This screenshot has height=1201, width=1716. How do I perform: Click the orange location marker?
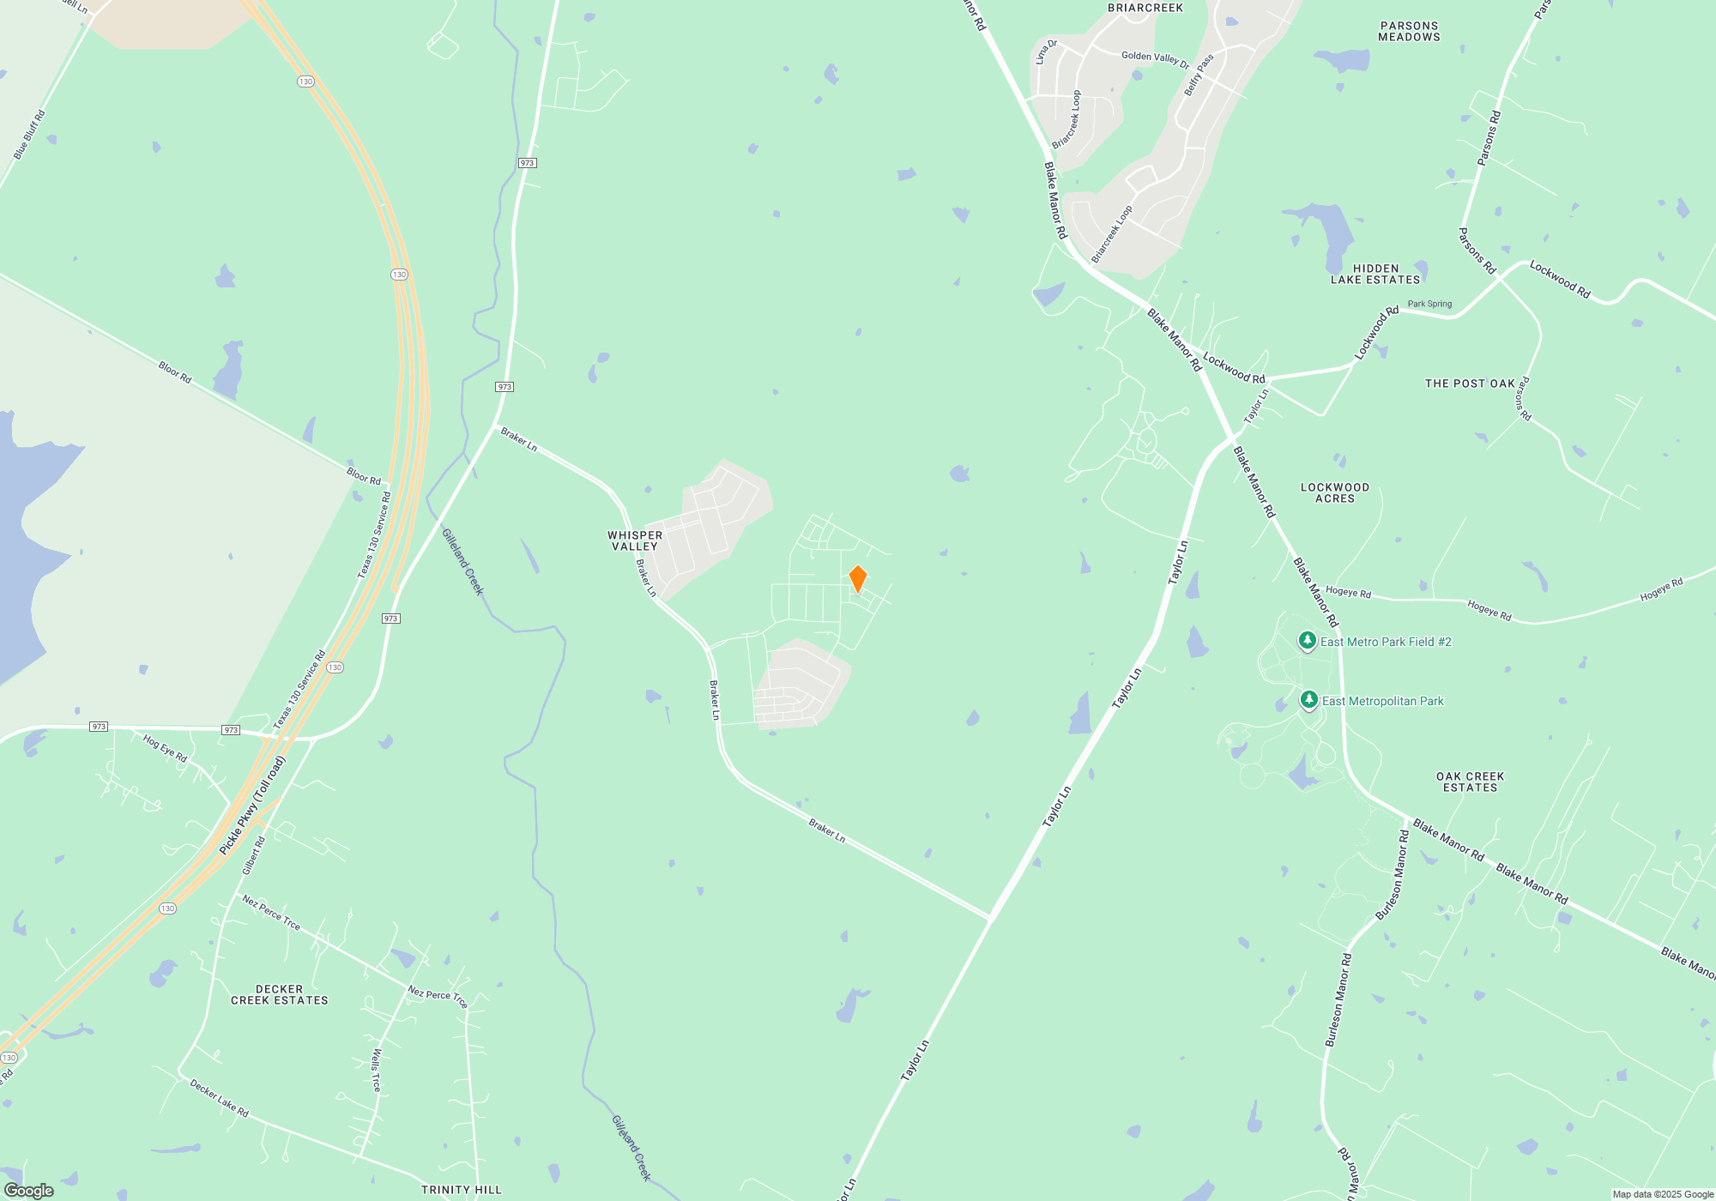(857, 579)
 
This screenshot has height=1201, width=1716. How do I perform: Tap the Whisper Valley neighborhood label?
(635, 540)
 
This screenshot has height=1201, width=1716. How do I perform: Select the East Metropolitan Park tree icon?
(1308, 701)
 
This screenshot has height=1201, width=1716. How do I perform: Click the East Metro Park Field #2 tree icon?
(1307, 641)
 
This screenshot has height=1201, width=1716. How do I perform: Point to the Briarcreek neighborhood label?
(1145, 8)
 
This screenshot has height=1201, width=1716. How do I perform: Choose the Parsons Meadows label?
(1409, 32)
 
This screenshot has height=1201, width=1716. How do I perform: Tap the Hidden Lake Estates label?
(1375, 275)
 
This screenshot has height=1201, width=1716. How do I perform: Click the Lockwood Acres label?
(1335, 492)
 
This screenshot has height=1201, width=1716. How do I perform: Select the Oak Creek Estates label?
(1470, 782)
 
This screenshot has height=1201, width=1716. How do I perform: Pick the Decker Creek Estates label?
(280, 995)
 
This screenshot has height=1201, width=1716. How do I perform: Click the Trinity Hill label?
(462, 1190)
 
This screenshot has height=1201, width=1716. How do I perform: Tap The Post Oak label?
(1470, 383)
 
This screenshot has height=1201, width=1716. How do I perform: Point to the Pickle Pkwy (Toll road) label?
(251, 806)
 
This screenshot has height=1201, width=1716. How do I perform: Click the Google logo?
(29, 1191)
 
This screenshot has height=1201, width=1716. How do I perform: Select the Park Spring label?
(1429, 304)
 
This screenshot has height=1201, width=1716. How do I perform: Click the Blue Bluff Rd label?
(29, 135)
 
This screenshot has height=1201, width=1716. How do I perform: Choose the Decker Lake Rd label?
(219, 1099)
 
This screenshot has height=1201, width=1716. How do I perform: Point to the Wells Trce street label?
(376, 1070)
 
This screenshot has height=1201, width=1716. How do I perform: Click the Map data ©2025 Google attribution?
(1662, 1194)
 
